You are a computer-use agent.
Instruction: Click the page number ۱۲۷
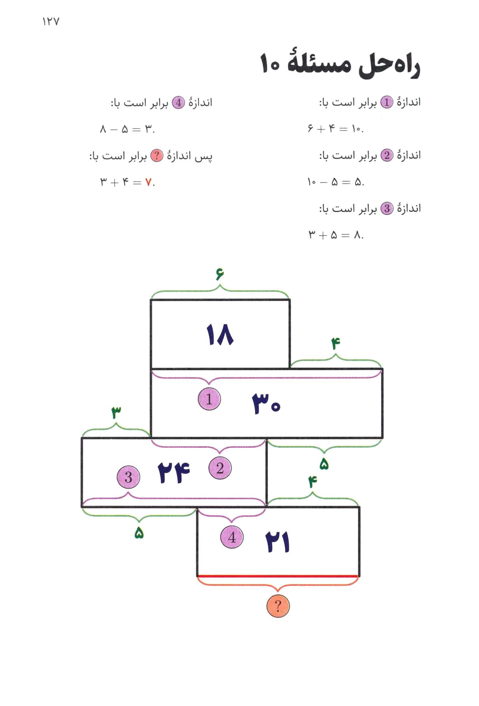coord(51,22)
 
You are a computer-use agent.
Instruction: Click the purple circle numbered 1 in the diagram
coord(209,399)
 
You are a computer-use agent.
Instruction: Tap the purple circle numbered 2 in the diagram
coord(220,468)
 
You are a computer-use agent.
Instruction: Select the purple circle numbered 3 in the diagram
coord(128,477)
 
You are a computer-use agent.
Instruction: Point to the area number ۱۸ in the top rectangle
coord(220,335)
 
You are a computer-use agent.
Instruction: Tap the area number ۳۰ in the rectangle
coord(266,404)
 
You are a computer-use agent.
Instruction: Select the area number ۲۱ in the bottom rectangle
coord(278,542)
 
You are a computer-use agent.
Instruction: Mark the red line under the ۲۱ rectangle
coord(278,576)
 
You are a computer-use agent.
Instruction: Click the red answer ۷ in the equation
coord(148,182)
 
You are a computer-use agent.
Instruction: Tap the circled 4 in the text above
coord(178,103)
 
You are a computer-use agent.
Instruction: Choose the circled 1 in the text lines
coord(387,103)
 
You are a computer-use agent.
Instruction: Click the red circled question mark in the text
coord(157,156)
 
